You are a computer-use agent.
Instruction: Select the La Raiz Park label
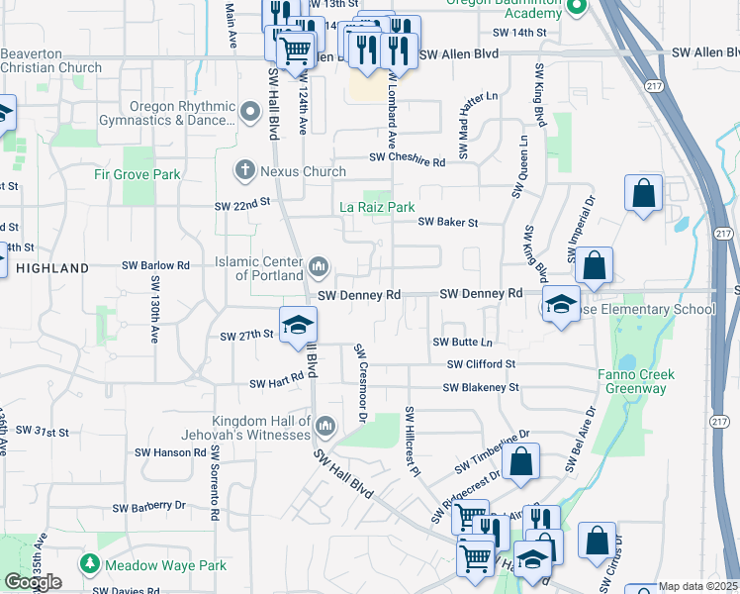tap(377, 208)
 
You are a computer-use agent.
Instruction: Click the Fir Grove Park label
tap(138, 174)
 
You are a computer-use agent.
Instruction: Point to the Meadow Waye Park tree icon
tap(90, 565)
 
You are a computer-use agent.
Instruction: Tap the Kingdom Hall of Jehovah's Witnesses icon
tap(326, 426)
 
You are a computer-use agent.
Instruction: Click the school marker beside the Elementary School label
tap(561, 304)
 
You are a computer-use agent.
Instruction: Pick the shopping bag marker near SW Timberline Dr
tap(521, 460)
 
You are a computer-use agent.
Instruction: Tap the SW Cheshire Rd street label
tap(408, 158)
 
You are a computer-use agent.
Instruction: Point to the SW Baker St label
tap(447, 223)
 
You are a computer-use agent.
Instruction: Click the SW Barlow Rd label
tap(155, 266)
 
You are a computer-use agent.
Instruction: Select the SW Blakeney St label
tap(481, 388)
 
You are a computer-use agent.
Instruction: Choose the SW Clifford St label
tap(482, 364)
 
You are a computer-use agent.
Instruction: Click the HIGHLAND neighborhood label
tap(52, 268)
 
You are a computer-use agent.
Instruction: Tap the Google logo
tap(33, 582)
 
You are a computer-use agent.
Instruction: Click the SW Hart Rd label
tap(276, 383)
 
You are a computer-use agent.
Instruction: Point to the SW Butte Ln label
tap(462, 342)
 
